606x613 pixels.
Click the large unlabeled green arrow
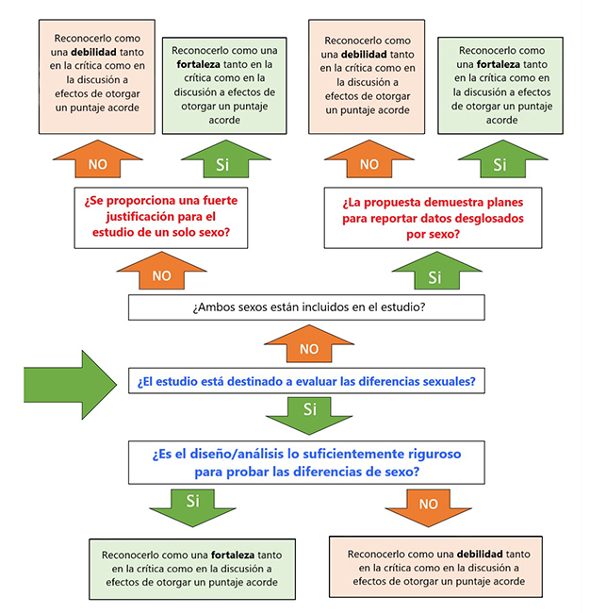pyautogui.click(x=68, y=382)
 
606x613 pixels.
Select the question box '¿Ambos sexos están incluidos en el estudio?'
pyautogui.click(x=307, y=307)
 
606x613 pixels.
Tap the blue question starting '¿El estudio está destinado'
pyautogui.click(x=307, y=382)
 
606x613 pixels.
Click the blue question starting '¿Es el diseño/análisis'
pyautogui.click(x=307, y=461)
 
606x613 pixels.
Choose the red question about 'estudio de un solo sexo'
pyautogui.click(x=161, y=217)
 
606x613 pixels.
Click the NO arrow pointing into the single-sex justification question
pyautogui.click(x=161, y=273)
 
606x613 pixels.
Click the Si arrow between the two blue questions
pyautogui.click(x=308, y=414)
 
